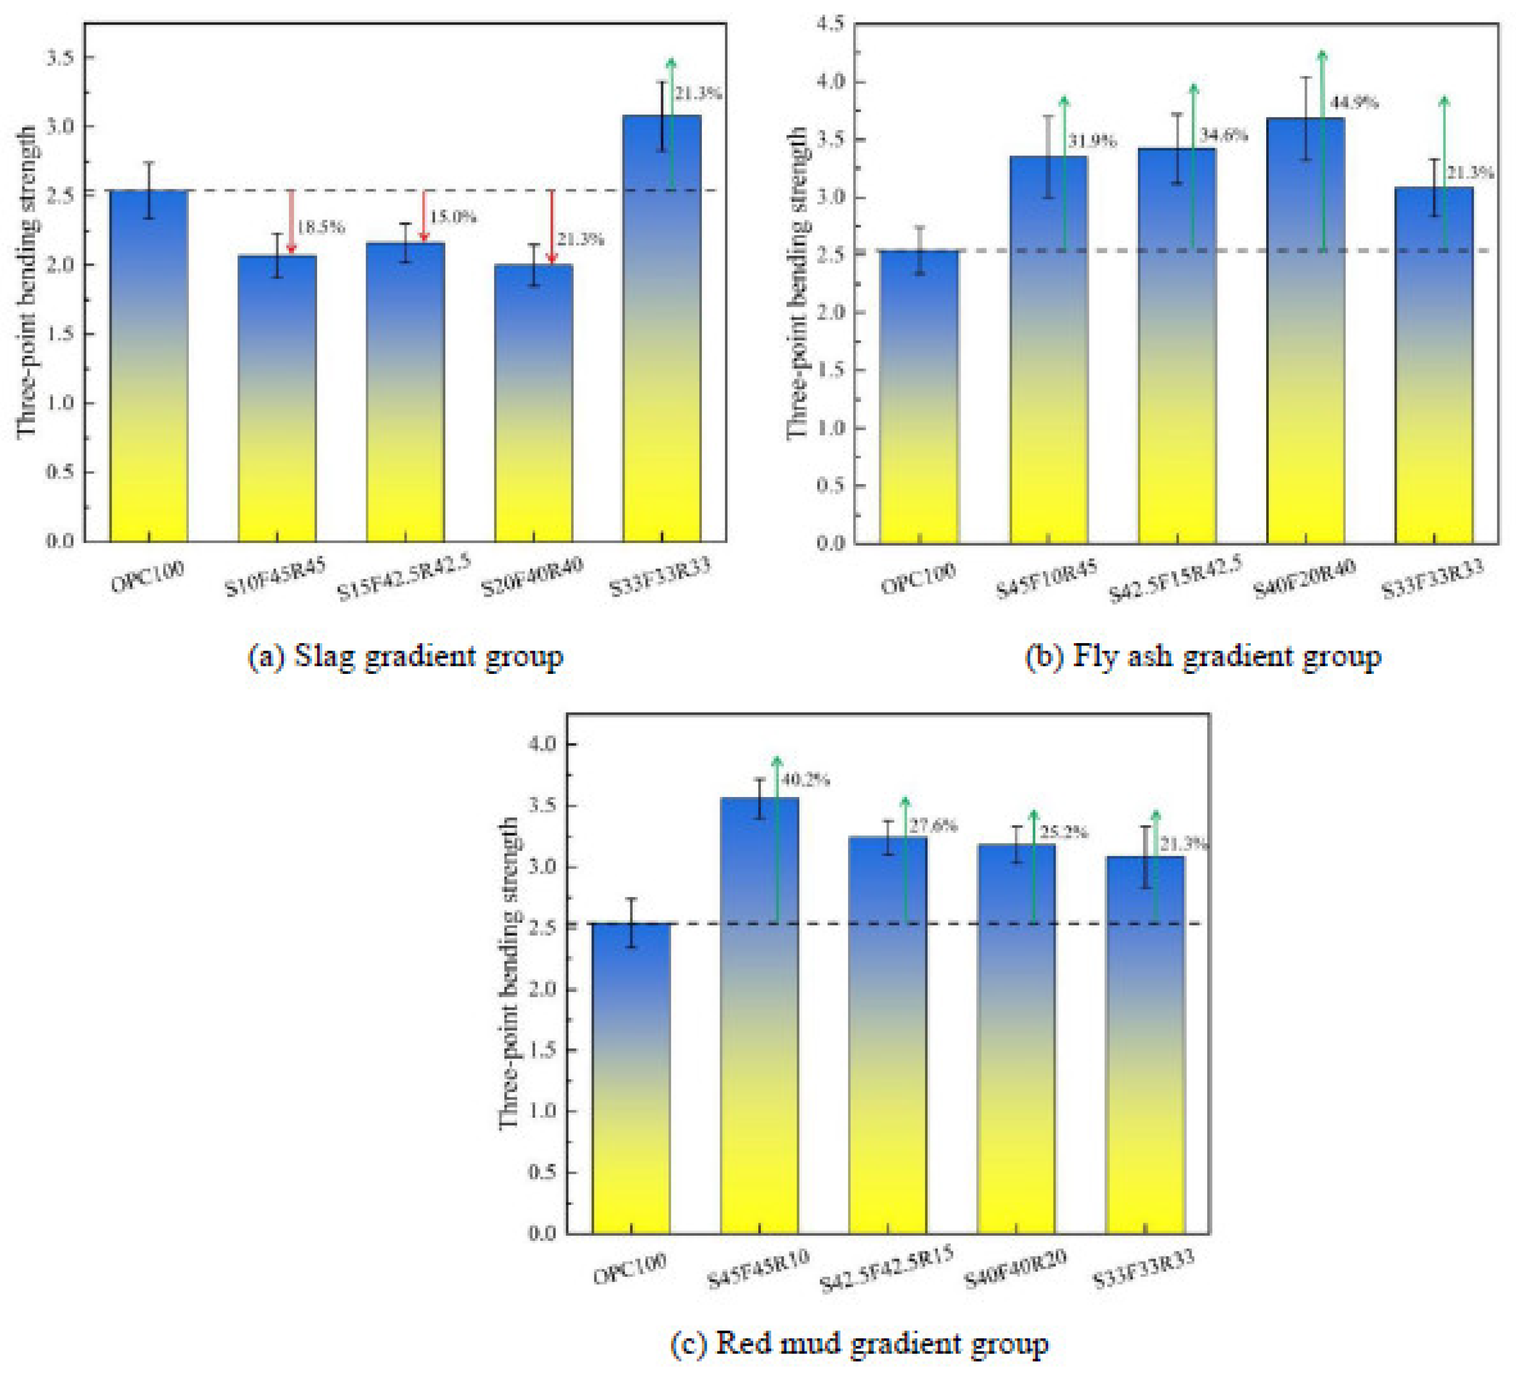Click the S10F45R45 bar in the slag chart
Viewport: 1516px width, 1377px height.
(277, 398)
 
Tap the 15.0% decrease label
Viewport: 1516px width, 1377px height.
(453, 216)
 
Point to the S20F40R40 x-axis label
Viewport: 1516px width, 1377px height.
(532, 577)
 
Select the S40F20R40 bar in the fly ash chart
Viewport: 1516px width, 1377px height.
(1305, 331)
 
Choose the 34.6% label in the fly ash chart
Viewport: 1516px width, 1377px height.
(1223, 136)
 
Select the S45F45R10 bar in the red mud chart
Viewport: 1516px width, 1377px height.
(759, 1015)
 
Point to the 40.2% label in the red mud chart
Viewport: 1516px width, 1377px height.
(805, 780)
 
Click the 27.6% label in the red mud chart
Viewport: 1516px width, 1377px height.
(933, 826)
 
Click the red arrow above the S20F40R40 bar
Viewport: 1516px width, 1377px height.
(551, 226)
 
